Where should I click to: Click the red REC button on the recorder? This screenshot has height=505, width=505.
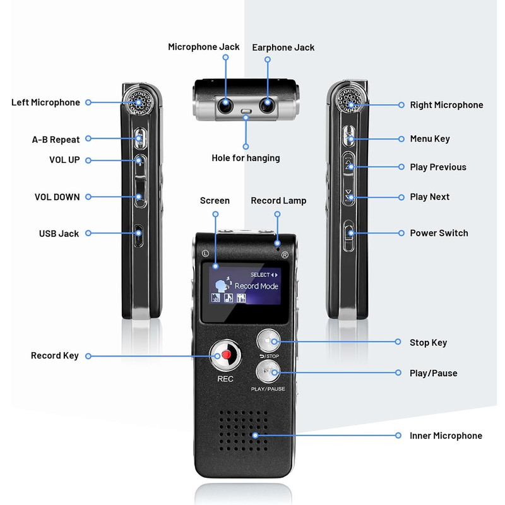225,355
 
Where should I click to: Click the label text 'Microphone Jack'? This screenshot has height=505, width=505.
203,47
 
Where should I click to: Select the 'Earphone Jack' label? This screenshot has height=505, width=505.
283,47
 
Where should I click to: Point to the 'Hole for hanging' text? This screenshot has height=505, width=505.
246,158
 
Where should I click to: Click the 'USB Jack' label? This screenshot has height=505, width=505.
59,234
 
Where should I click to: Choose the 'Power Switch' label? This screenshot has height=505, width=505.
439,233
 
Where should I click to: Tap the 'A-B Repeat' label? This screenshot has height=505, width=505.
56,139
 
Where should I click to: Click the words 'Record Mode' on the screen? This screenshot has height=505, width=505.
256,286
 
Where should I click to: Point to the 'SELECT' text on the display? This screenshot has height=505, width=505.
259,275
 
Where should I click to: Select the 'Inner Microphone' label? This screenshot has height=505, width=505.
446,436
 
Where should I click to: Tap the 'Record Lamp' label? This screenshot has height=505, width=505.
278,201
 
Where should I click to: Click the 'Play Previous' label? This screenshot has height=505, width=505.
438,167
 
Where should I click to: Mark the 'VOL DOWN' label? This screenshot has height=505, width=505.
57,197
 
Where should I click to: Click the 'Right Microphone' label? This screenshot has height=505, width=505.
446,105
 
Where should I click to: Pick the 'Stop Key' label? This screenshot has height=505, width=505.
428,342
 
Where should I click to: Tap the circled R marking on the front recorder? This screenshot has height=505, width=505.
285,255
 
